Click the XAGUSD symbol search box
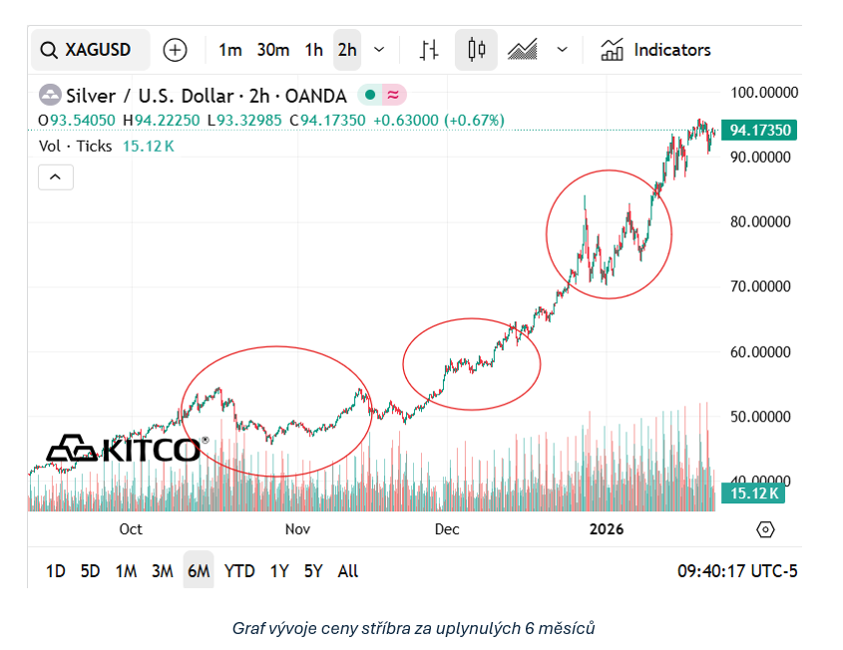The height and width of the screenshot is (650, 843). pyautogui.click(x=90, y=50)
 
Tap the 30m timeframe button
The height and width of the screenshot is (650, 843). pyautogui.click(x=272, y=50)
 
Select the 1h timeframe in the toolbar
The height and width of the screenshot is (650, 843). pyautogui.click(x=313, y=50)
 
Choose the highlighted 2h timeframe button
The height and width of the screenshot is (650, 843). pyautogui.click(x=346, y=50)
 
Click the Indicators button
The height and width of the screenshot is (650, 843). pyautogui.click(x=656, y=50)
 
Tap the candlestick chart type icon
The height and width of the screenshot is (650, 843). pyautogui.click(x=476, y=50)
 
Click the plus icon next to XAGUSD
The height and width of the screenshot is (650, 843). pyautogui.click(x=175, y=50)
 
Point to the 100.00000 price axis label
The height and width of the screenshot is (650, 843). pyautogui.click(x=765, y=93)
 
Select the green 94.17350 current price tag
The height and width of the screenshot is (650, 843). pyautogui.click(x=760, y=131)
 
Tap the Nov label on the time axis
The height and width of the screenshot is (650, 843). pyautogui.click(x=297, y=528)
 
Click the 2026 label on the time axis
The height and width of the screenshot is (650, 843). pyautogui.click(x=606, y=528)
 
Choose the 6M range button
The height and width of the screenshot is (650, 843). pyautogui.click(x=198, y=571)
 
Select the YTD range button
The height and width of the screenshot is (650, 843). pyautogui.click(x=239, y=571)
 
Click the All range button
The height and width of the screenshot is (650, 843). pyautogui.click(x=348, y=571)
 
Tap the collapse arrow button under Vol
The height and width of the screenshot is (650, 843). pyautogui.click(x=55, y=177)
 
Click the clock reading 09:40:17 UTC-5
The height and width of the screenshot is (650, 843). pyautogui.click(x=737, y=571)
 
